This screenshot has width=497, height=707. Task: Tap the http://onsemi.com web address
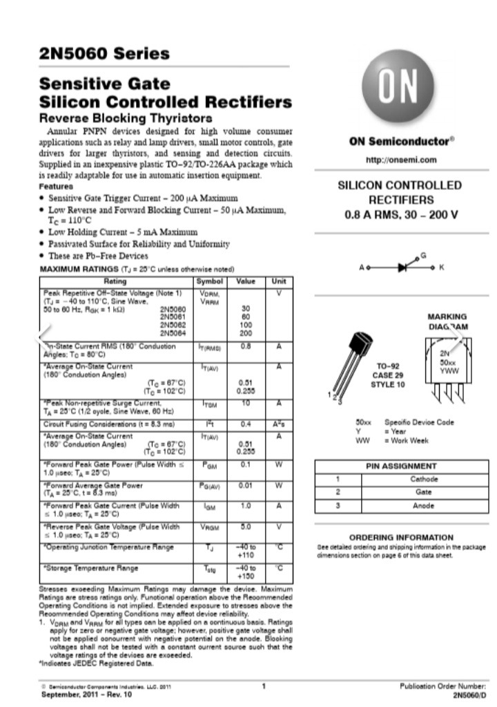(400, 160)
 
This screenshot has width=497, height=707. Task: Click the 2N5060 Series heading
(104, 53)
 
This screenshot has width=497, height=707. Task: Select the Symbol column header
(209, 282)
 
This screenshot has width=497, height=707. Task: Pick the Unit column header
(279, 282)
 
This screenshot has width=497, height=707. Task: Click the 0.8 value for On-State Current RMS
(245, 346)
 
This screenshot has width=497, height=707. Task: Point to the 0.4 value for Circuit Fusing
(245, 424)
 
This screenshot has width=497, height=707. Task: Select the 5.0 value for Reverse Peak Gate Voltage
(245, 527)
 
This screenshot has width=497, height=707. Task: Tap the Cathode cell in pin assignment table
(423, 479)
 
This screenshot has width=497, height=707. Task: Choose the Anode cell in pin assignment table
(423, 505)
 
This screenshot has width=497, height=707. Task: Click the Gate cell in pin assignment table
(423, 492)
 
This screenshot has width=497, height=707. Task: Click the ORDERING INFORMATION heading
(401, 537)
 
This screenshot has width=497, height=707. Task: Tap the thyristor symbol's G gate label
(423, 255)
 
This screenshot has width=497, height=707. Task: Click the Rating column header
(115, 282)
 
